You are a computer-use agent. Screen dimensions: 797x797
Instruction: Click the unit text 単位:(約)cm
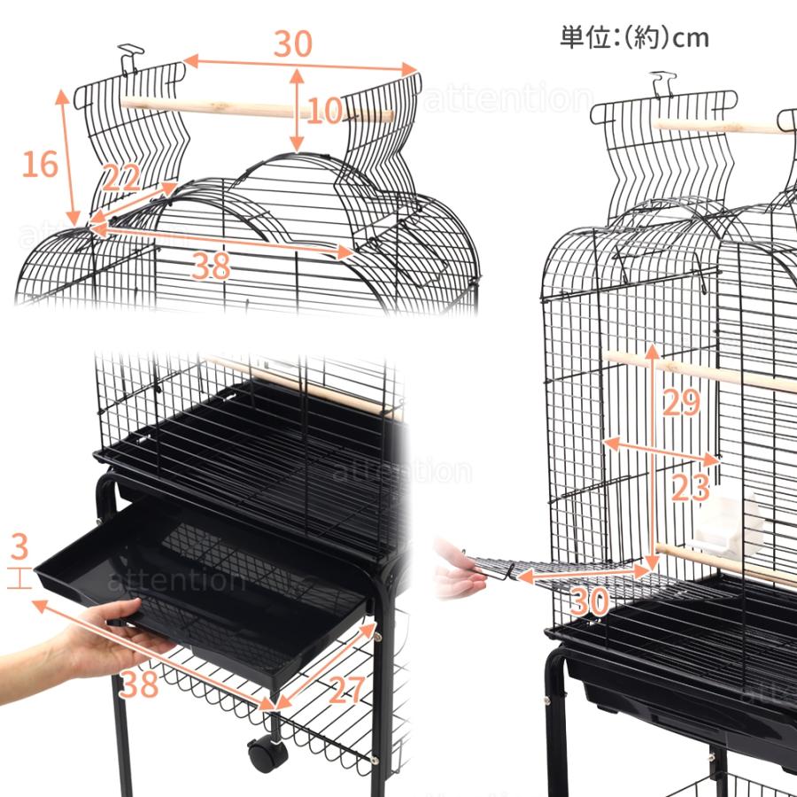tap(634, 37)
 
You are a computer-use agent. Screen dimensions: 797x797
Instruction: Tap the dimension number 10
tap(325, 111)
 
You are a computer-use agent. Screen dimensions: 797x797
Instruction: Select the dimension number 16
tap(40, 164)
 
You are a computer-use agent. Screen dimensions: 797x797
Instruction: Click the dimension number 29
tap(681, 403)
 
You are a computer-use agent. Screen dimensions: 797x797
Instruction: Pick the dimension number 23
tap(691, 486)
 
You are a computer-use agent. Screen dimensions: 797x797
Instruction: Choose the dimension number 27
tap(347, 690)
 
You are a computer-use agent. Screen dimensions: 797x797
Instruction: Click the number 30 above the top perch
tap(293, 44)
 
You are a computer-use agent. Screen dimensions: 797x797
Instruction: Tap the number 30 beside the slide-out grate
tap(590, 602)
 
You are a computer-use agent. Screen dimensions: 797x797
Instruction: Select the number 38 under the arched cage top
tap(210, 265)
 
